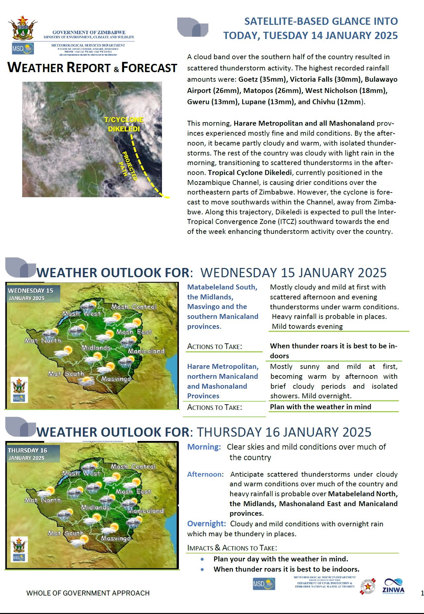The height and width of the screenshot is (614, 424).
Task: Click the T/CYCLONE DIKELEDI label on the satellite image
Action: pos(124,124)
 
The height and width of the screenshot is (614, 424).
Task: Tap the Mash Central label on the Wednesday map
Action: pos(133,307)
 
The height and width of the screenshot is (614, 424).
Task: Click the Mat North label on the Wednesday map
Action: pos(43,340)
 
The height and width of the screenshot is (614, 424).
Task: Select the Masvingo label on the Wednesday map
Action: pos(116,378)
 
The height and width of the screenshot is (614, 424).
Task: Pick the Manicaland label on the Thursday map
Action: pos(145,510)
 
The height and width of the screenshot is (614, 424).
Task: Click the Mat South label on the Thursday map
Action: pos(65,533)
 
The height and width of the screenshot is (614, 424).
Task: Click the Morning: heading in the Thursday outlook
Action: pos(204,447)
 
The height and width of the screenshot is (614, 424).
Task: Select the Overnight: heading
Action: pos(206,524)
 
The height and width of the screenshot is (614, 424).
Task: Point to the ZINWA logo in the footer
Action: pos(394,586)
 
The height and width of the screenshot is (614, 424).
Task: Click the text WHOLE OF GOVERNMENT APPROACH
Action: pos(88,593)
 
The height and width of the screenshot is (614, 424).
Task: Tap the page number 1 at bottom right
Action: pos(422,593)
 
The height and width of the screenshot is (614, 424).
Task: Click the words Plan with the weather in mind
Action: pos(320,407)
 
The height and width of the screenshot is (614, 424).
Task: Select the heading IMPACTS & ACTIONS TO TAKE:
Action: pos(232,548)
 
